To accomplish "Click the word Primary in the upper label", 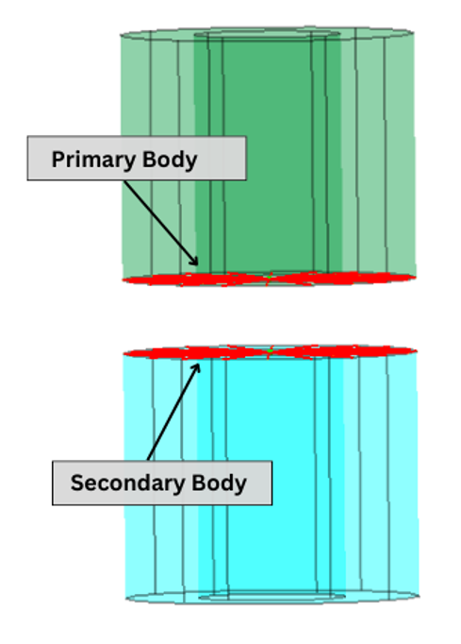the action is (x=94, y=160).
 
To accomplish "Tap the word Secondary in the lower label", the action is (x=127, y=483).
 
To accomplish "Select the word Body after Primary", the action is (x=170, y=160).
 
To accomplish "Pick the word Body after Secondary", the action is (x=219, y=483).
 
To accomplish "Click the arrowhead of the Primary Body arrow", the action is (x=194, y=262).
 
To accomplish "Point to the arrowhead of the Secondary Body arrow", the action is (x=196, y=367).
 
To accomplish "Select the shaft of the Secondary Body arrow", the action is (x=173, y=413).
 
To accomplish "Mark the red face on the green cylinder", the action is (x=269, y=279).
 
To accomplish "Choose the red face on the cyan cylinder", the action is (x=270, y=352).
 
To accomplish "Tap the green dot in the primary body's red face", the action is (x=269, y=278).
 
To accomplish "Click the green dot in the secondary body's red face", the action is (x=271, y=351).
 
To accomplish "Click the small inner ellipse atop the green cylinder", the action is (x=267, y=30).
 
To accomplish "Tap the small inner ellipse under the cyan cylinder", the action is (x=272, y=601).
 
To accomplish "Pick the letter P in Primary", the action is (x=58, y=160).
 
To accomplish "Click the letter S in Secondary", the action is (x=76, y=483).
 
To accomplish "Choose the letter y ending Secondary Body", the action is (x=241, y=486).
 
